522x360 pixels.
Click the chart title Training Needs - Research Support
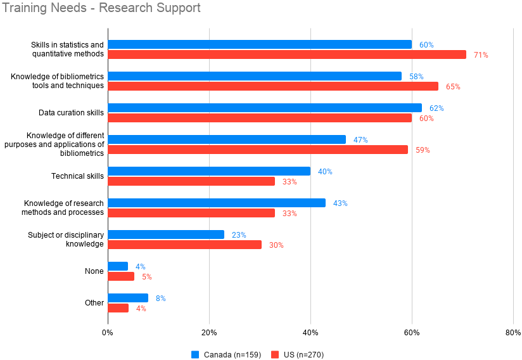coord(101,8)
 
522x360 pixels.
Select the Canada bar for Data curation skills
coord(264,108)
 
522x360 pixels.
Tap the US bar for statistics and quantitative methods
coord(286,55)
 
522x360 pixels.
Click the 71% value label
coord(481,55)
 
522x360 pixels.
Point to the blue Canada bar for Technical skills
coord(209,171)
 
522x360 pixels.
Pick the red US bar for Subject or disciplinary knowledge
coord(184,245)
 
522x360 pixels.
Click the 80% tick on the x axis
coord(513,333)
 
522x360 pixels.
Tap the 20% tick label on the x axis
coord(209,333)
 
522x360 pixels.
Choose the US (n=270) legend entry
coord(297,354)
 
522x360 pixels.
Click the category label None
coord(94,271)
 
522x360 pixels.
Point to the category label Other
coord(94,303)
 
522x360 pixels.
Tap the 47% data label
coord(360,140)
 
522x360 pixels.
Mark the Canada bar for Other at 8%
coord(128,298)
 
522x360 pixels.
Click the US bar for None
coord(121,276)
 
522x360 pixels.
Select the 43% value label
coord(340,203)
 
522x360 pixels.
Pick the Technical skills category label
coord(77,176)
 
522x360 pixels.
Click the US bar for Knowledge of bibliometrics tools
coord(272,86)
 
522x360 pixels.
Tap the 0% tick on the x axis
coord(108,333)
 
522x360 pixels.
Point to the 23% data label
coord(239,235)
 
